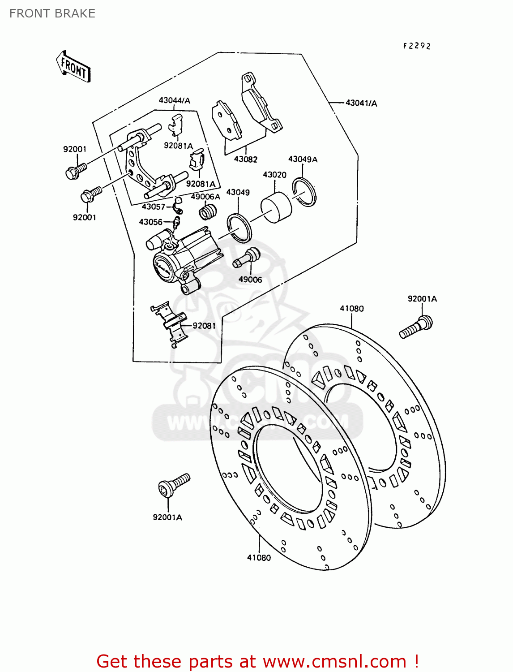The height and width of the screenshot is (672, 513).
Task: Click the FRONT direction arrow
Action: [x=73, y=66]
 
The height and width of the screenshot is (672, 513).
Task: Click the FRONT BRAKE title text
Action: [x=52, y=13]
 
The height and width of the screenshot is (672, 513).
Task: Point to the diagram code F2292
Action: [x=417, y=46]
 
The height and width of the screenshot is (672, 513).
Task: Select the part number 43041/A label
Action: [x=361, y=103]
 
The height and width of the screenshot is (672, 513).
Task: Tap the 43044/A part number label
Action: [x=174, y=100]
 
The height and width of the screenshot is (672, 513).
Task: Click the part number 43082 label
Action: [x=246, y=159]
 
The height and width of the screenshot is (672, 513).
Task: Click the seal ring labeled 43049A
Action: [x=304, y=191]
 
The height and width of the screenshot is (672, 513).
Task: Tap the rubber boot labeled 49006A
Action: [x=208, y=211]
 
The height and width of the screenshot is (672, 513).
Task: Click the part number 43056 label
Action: [x=150, y=222]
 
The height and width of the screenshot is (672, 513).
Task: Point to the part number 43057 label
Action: [x=154, y=207]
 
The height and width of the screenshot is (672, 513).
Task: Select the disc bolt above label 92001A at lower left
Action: [x=174, y=485]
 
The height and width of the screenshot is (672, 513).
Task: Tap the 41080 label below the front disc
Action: [x=259, y=558]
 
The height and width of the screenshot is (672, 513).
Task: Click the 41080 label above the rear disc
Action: [x=352, y=308]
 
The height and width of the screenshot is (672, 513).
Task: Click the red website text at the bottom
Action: [x=257, y=661]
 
